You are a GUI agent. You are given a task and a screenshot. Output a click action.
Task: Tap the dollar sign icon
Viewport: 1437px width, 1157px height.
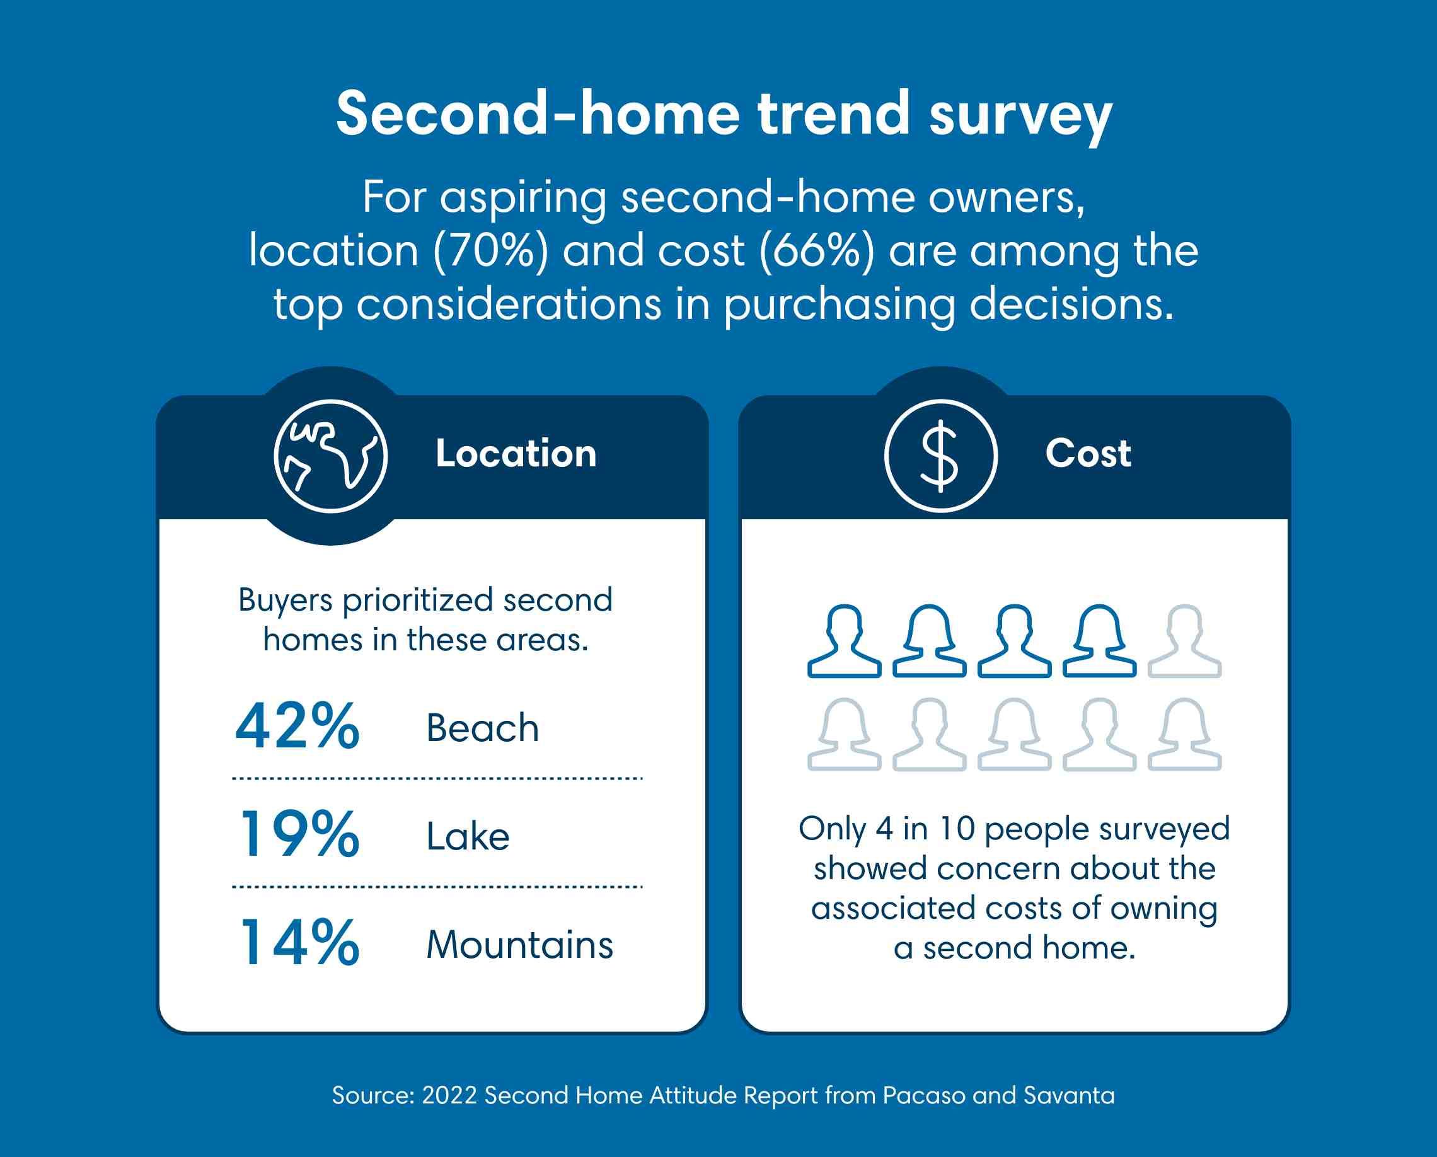(940, 456)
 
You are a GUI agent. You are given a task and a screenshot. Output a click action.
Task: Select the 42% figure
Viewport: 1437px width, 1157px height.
(297, 727)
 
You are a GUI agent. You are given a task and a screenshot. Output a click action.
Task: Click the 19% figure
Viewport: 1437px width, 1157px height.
(299, 834)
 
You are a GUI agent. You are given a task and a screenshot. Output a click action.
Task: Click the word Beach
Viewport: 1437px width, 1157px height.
(483, 728)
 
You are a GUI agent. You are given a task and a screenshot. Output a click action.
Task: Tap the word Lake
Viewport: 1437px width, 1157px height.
(468, 836)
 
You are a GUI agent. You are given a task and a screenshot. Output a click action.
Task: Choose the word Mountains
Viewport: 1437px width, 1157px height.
(519, 945)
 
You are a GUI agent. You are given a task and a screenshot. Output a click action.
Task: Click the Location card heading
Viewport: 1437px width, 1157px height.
(516, 454)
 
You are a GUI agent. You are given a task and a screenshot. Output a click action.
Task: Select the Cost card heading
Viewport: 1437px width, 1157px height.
(1088, 454)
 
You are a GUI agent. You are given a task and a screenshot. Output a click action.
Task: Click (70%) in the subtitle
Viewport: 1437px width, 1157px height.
(490, 251)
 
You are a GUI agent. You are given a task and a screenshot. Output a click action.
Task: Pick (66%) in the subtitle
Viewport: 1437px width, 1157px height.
(816, 251)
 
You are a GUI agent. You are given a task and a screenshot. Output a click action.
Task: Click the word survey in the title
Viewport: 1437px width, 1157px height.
(1020, 115)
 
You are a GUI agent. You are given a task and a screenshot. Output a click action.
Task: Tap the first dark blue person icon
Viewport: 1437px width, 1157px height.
(844, 641)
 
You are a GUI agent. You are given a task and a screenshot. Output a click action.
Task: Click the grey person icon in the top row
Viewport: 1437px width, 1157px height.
(1184, 641)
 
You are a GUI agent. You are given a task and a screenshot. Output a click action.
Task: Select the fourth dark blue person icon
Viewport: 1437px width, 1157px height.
(1099, 641)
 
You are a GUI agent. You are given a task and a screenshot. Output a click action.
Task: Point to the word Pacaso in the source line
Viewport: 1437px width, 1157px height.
(924, 1095)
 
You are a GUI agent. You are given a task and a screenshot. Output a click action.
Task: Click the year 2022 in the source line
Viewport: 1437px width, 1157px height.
(449, 1095)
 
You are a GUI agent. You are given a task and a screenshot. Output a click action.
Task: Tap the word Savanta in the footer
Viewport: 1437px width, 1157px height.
(1069, 1095)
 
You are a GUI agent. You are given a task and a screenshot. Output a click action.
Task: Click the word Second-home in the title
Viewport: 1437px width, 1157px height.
(538, 113)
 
